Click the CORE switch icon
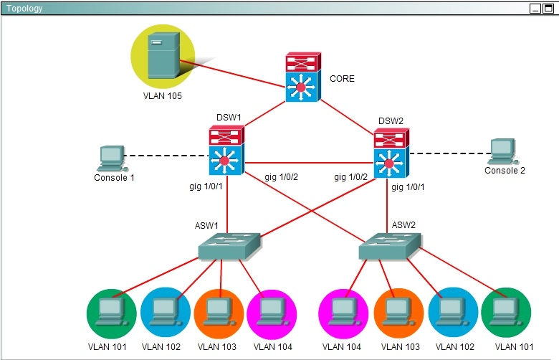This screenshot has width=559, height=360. pos(303,77)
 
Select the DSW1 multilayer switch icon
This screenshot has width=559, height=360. pos(226,150)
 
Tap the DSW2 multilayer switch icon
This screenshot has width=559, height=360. pos(391,153)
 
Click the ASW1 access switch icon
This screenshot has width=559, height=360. pos(229,247)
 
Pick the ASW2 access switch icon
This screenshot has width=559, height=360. pos(390,246)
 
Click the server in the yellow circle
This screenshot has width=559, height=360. pos(163,55)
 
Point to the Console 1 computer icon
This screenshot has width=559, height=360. pos(113,158)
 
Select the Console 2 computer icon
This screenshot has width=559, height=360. pos(503,151)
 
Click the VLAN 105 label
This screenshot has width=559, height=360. pos(162,96)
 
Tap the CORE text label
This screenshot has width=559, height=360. pos(343,78)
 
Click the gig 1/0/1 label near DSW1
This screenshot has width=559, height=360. pos(206,186)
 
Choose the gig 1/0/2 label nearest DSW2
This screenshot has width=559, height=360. pos(350,177)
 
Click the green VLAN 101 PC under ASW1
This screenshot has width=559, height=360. pos(111,312)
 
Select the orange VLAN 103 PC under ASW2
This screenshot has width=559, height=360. pos(398,312)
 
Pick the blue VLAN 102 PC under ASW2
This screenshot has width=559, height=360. pos(452,312)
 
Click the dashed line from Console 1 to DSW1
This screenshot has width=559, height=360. pos(166,156)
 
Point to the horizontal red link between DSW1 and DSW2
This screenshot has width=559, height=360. pos(309,163)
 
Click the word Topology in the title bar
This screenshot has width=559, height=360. pos(24,8)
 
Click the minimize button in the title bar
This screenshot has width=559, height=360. pos(535,9)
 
